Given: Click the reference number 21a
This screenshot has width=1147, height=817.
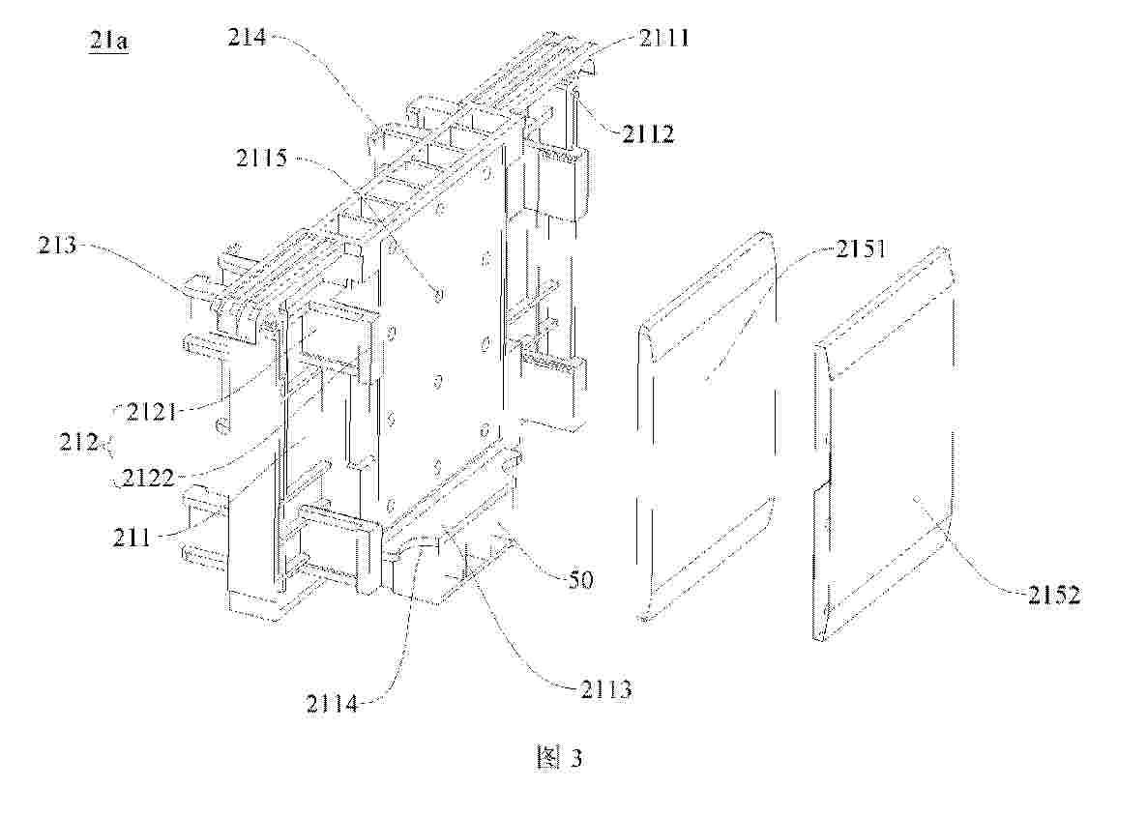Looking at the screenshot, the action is (x=109, y=41).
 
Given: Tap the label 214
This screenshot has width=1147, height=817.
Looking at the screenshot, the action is (x=247, y=37).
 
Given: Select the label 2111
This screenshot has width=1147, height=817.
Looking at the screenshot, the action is (x=664, y=38).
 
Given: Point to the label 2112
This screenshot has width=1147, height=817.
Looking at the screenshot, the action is (x=649, y=133).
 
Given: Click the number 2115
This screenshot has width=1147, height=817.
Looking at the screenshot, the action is (x=262, y=158).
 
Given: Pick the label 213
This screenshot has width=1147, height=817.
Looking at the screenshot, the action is (x=57, y=244).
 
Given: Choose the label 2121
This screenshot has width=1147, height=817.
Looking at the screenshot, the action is (x=152, y=411).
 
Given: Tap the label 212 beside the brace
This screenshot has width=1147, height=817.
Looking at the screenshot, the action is (x=79, y=442).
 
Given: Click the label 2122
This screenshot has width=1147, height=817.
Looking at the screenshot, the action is (x=149, y=478).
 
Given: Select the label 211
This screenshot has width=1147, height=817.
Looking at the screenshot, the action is (x=132, y=538).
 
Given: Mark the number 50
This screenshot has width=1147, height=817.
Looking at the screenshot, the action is (x=580, y=580).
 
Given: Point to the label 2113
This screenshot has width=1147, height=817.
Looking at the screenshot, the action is (x=606, y=689).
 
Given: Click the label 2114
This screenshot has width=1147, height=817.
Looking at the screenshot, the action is (x=332, y=704).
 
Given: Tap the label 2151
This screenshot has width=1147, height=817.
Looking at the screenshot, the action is (x=861, y=249).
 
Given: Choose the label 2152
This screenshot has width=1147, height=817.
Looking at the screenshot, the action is (x=1054, y=595).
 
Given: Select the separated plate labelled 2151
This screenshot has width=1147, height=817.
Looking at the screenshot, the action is (x=706, y=425).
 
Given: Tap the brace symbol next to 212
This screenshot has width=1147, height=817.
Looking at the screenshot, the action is (x=109, y=446).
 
